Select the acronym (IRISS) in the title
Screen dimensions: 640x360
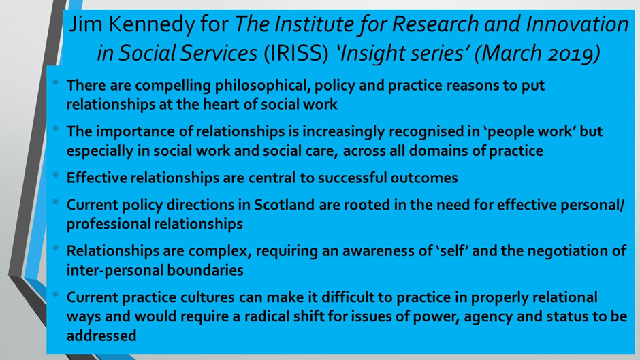coord(296,54)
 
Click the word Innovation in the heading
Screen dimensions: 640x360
coord(577,24)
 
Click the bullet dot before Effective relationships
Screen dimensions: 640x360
coord(56,175)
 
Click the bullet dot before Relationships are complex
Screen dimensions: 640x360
coord(56,248)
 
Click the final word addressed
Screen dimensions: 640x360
coord(101,336)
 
